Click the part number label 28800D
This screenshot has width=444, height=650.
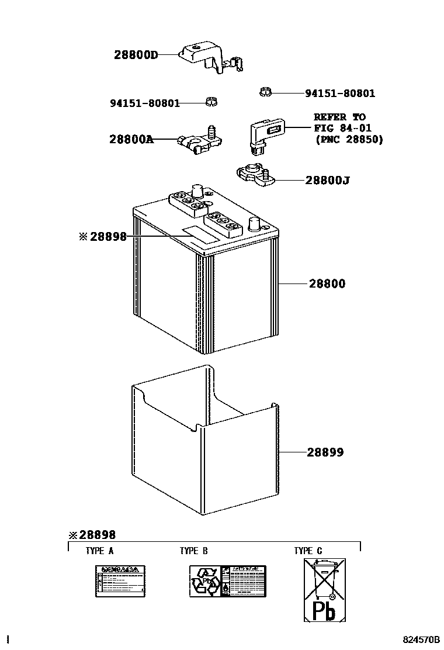coord(136,55)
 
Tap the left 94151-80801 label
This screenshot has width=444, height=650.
coord(145,103)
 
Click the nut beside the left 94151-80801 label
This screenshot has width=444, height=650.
coord(211,102)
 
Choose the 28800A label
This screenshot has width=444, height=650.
coord(131,140)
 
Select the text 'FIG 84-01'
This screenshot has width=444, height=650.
coord(342,128)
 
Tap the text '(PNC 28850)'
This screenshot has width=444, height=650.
coord(348,140)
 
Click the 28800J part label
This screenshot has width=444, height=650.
coord(327,181)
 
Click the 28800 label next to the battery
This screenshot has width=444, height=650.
coord(327,284)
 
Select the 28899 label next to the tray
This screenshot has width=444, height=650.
coord(325,452)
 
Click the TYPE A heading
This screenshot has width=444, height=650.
coord(99,551)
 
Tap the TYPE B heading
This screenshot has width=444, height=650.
coord(193,551)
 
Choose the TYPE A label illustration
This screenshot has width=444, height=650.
coord(120,581)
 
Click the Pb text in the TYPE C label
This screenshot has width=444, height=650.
coord(324,611)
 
